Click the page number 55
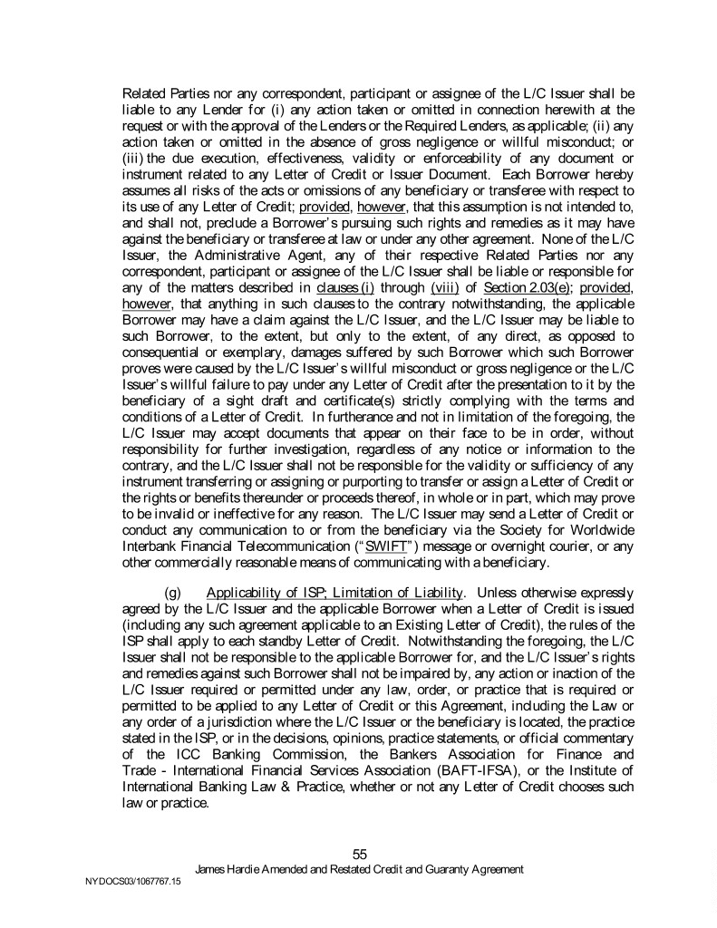click(359, 854)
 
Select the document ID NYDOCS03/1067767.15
click(126, 881)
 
